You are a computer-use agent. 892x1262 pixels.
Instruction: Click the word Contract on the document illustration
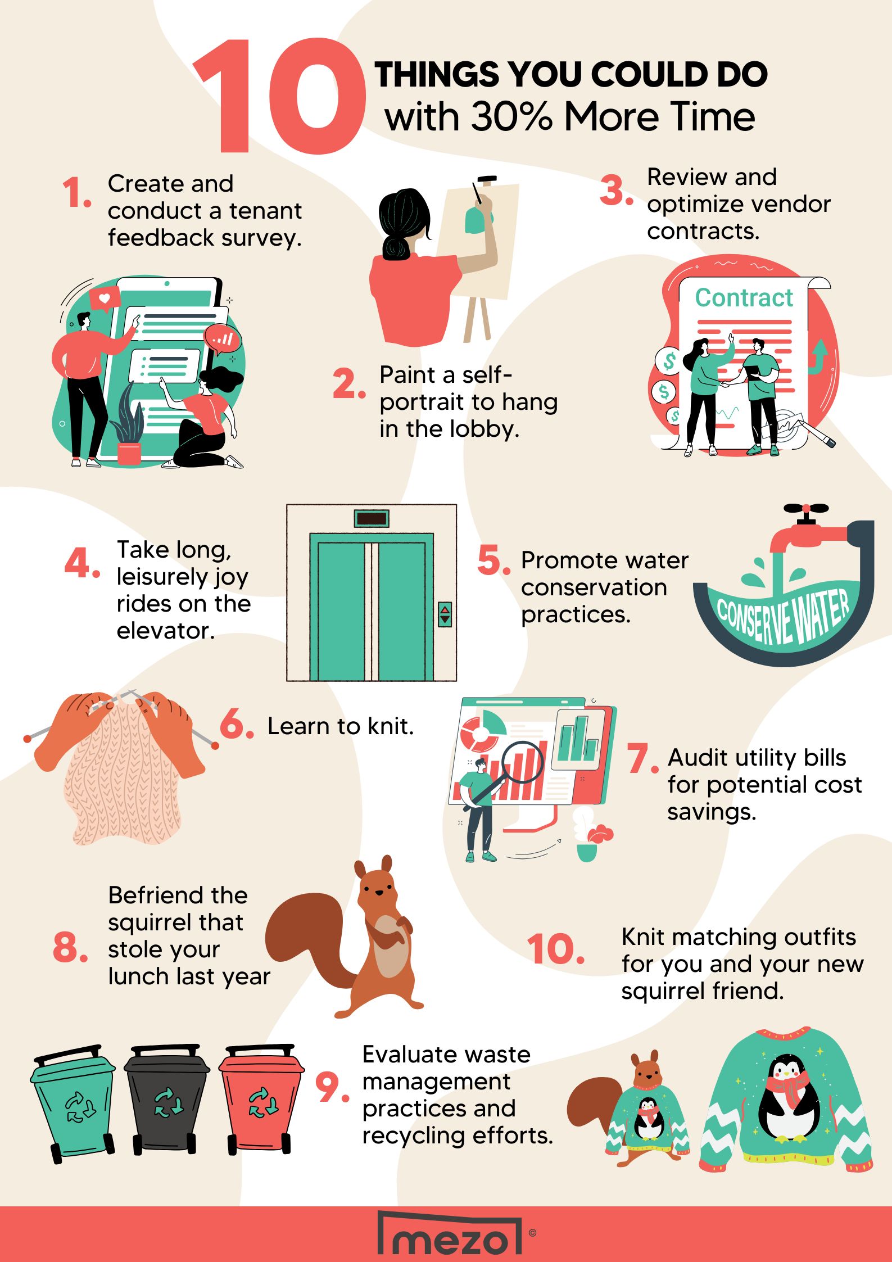pos(744,298)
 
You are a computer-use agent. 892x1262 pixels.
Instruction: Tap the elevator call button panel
pos(445,614)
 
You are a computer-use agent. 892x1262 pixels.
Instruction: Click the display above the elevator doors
pos(372,518)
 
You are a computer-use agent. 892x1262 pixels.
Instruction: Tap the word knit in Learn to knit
pos(391,726)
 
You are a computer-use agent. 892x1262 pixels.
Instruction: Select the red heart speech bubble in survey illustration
pos(105,298)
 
